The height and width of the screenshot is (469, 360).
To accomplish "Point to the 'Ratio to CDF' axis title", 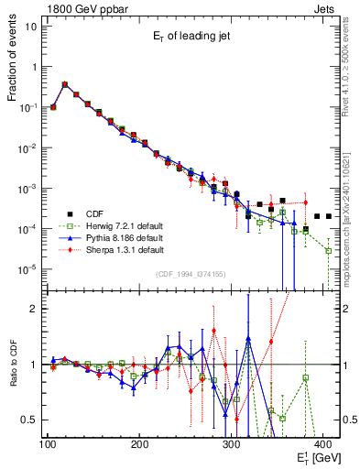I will pyautogui.click(x=12, y=364).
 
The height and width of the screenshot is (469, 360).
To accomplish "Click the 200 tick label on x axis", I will pyautogui.click(x=139, y=445).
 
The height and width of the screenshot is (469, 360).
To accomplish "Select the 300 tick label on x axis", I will pyautogui.click(x=231, y=445).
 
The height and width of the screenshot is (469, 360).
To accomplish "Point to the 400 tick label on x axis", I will pyautogui.click(x=322, y=445).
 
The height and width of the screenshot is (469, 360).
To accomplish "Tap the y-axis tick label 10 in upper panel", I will pyautogui.click(x=31, y=26).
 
